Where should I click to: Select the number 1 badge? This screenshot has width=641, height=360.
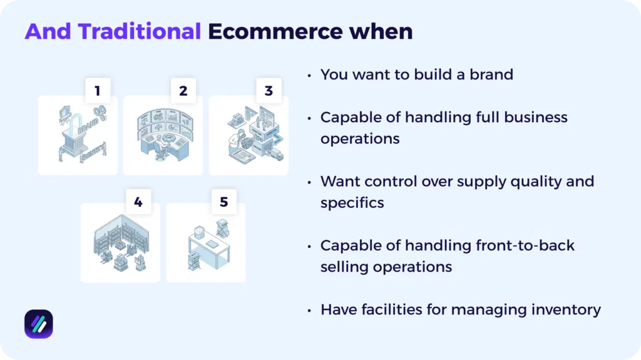[x=97, y=91]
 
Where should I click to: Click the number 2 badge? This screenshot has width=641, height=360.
[x=183, y=91]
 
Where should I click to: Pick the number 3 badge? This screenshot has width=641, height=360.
[x=269, y=91]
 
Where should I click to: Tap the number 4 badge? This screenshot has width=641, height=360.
[x=138, y=202]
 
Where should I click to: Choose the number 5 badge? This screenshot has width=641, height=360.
[x=223, y=202]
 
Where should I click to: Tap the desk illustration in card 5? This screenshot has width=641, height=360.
[x=206, y=244]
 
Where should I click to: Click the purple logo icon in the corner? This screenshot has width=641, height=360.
[x=39, y=324]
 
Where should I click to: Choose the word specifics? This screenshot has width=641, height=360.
[x=352, y=203]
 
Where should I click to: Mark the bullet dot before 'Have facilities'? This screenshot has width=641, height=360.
[x=309, y=309]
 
